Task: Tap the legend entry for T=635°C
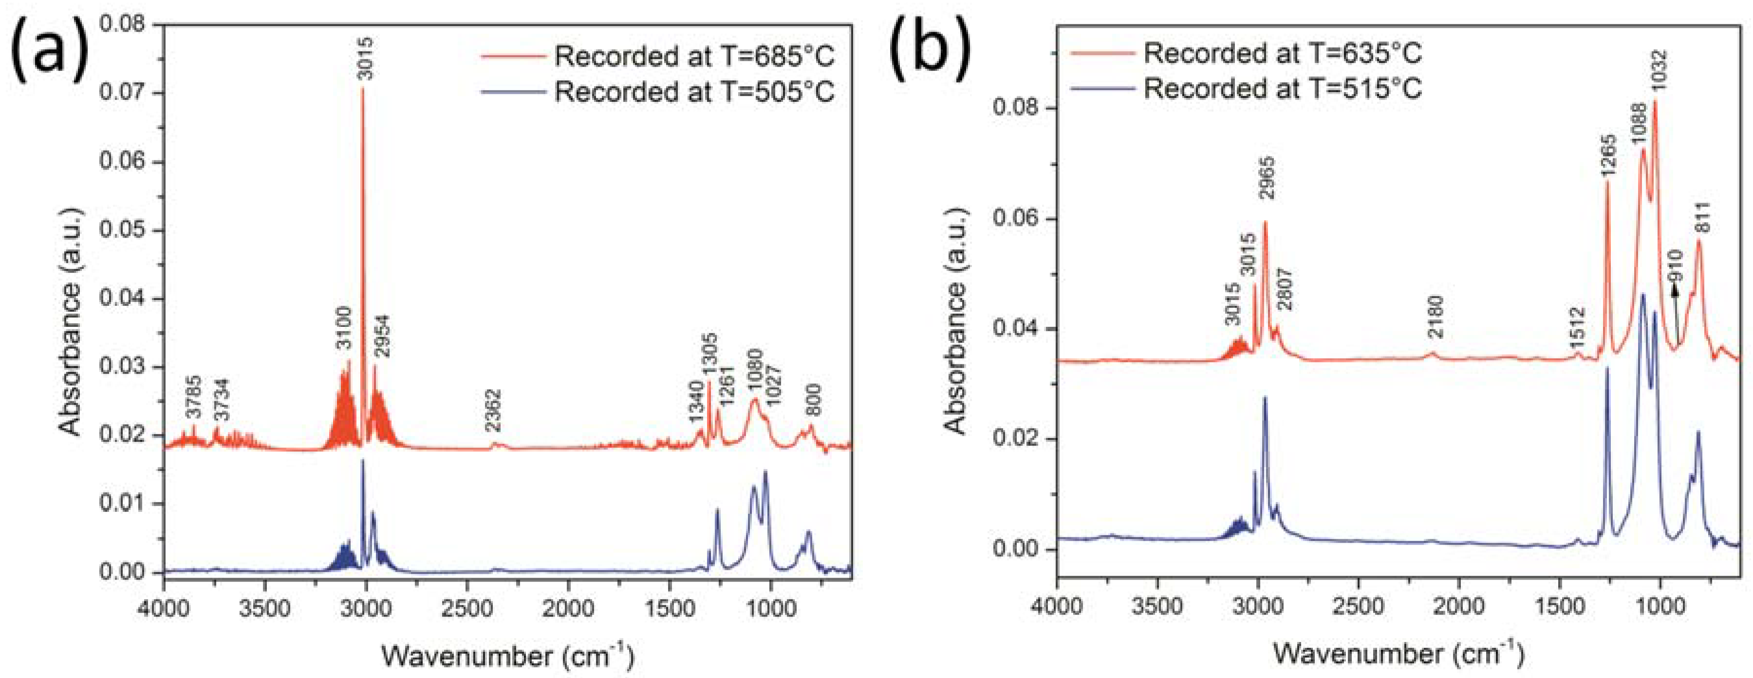[x=1282, y=53]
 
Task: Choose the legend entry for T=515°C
[x=1282, y=89]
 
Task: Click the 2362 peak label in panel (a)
[x=493, y=411]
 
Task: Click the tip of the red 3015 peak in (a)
[x=362, y=89]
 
